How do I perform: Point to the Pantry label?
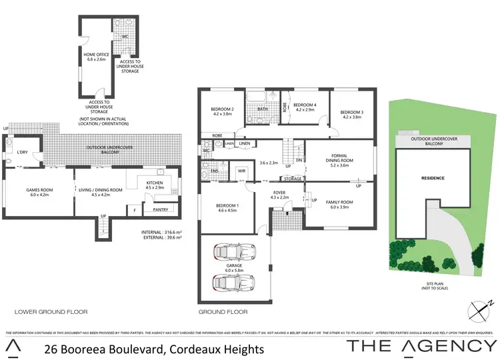tap(160, 210)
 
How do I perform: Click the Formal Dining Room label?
tap(339, 157)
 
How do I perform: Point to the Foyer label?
tap(279, 193)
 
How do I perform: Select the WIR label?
tap(242, 171)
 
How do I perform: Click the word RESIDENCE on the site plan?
tap(433, 178)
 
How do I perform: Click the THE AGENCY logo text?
tap(422, 346)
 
